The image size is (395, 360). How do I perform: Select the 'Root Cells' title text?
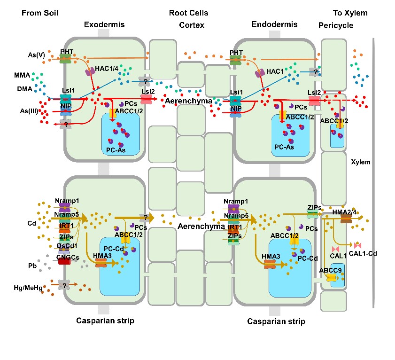click(188, 13)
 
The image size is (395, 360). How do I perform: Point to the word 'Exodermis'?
click(104, 24)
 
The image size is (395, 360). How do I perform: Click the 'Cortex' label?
click(192, 25)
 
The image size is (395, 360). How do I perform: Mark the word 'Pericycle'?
click(336, 25)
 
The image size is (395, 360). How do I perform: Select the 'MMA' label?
click(23, 75)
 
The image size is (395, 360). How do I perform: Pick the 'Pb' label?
click(31, 266)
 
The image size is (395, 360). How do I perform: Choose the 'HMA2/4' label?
click(349, 212)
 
